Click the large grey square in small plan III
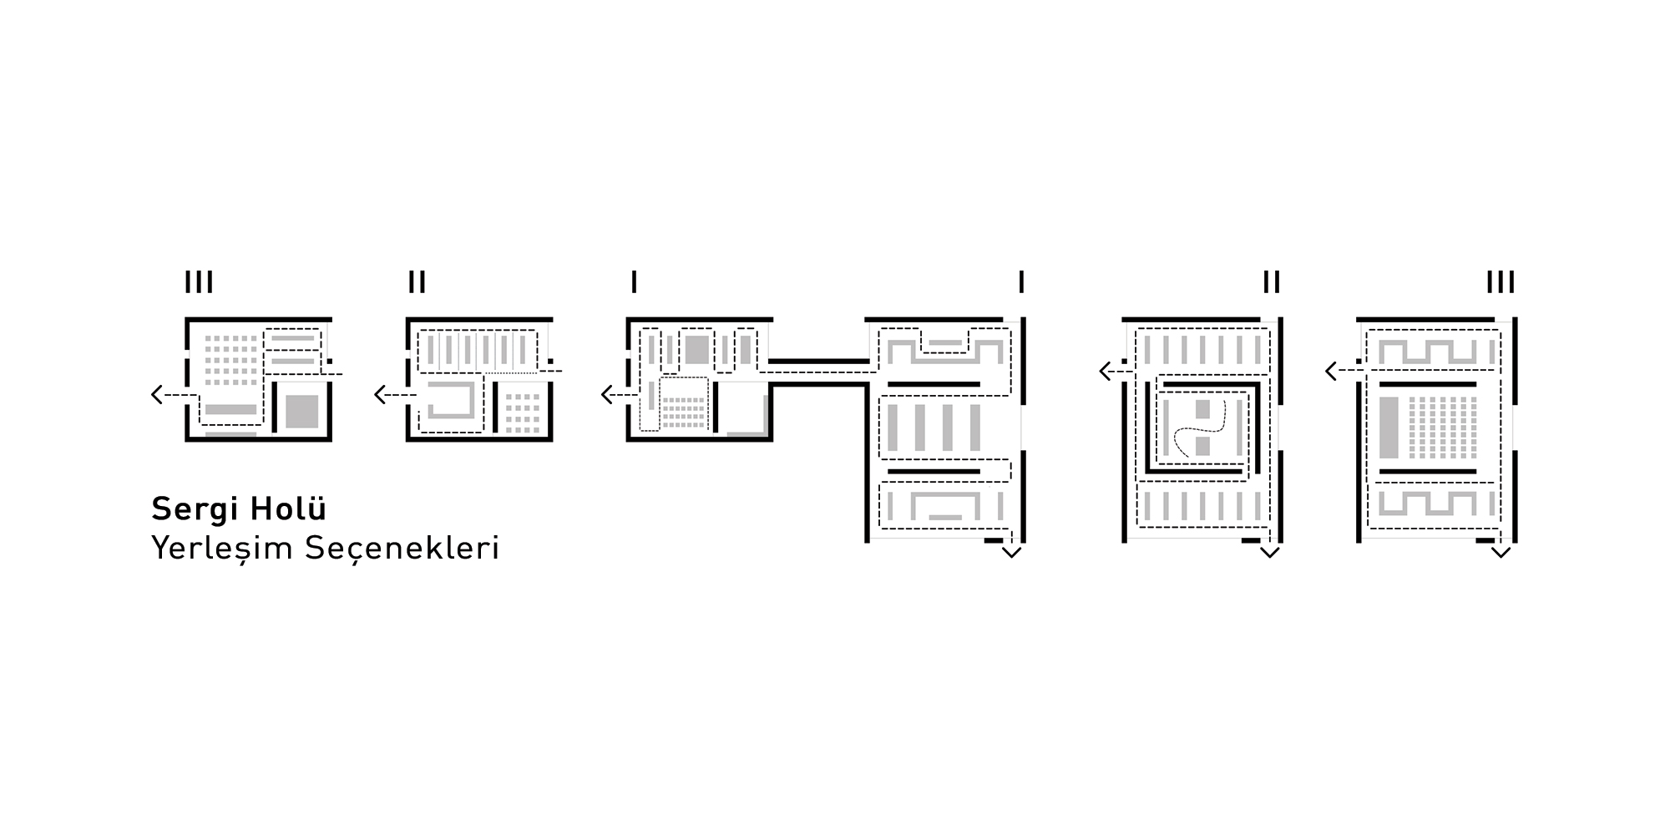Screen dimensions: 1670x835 tap(302, 412)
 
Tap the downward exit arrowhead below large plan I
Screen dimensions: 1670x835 tap(1011, 552)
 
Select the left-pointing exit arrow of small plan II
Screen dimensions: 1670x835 tap(395, 394)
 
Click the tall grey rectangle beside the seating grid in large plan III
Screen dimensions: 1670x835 tap(1389, 427)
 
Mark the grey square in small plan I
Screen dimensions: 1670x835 tap(697, 349)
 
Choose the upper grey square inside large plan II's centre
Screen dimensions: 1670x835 tap(1202, 409)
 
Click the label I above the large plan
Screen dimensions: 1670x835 tap(1021, 282)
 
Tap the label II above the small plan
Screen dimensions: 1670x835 tap(417, 282)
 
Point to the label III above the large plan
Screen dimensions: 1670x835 tap(1500, 282)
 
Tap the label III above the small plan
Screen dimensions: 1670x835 tap(199, 282)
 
